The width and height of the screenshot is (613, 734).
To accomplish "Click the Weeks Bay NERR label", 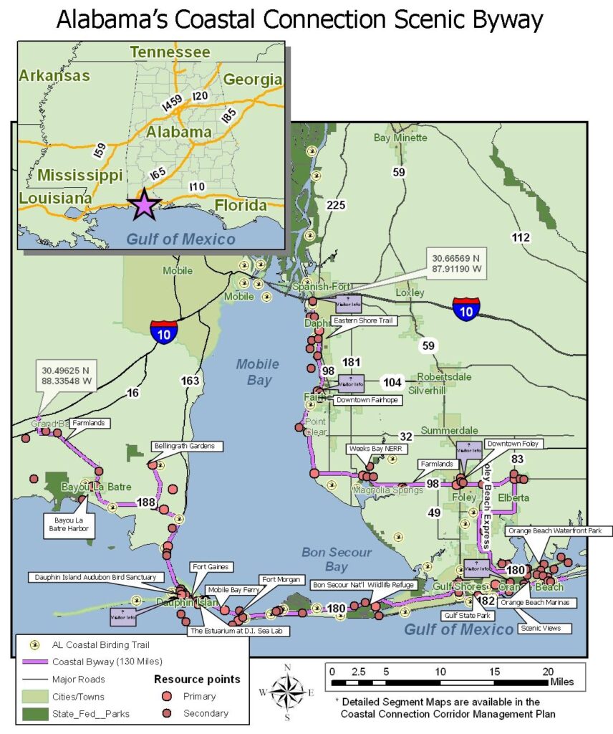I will point(370,448).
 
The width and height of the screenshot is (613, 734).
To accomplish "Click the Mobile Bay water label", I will point(259,371).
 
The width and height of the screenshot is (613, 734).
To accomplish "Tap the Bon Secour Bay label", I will point(337,559).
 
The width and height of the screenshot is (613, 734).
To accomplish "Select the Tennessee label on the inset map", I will point(170,52).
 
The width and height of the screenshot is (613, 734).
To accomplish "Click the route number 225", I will point(336,205).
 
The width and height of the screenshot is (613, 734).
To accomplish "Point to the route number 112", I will point(521,237).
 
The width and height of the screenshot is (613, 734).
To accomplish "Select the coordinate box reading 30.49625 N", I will point(67,377).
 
